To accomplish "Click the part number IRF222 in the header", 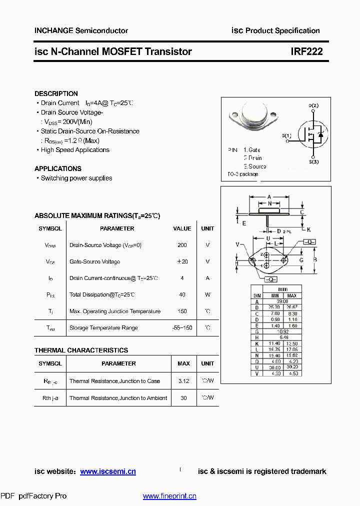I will pyautogui.click(x=306, y=51).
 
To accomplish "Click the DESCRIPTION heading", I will pyautogui.click(x=56, y=93).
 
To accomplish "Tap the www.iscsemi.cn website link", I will pyautogui.click(x=108, y=471).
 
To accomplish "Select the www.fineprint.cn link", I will pyautogui.click(x=169, y=496).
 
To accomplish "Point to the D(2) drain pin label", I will pyautogui.click(x=313, y=105).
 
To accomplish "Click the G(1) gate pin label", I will pyautogui.click(x=286, y=136).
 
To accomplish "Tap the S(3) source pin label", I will pyautogui.click(x=313, y=162).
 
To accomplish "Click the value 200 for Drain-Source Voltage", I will pyautogui.click(x=182, y=245).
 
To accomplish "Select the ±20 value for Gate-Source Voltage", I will pyautogui.click(x=182, y=261).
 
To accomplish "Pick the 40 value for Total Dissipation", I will pyautogui.click(x=182, y=294).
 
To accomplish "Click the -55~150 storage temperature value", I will pyautogui.click(x=182, y=328).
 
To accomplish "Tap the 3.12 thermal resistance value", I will pyautogui.click(x=183, y=381).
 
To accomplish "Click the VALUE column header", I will pyautogui.click(x=182, y=228).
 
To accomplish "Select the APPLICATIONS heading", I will pyautogui.click(x=58, y=168).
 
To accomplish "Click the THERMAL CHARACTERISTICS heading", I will pyautogui.click(x=81, y=350).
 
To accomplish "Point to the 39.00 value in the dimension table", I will pyautogui.click(x=281, y=301).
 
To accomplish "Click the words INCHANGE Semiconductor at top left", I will pyautogui.click(x=81, y=30).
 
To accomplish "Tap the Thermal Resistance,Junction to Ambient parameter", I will pyautogui.click(x=118, y=398).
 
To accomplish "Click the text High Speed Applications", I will pyautogui.click(x=75, y=150).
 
